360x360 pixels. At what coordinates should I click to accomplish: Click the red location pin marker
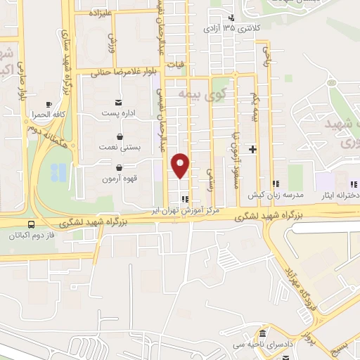click(181, 166)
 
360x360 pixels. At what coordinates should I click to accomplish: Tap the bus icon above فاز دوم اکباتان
click(30, 225)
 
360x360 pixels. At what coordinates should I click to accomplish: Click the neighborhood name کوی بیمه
click(194, 93)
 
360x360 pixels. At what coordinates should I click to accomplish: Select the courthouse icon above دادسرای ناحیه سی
click(262, 332)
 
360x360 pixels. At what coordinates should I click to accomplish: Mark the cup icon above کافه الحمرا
click(48, 103)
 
